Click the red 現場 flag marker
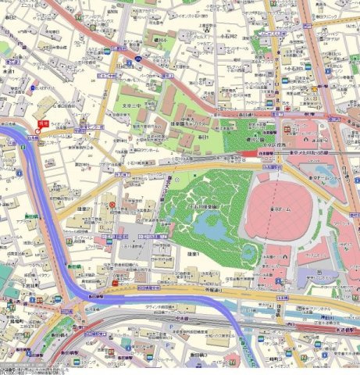41,124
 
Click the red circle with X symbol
112,205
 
